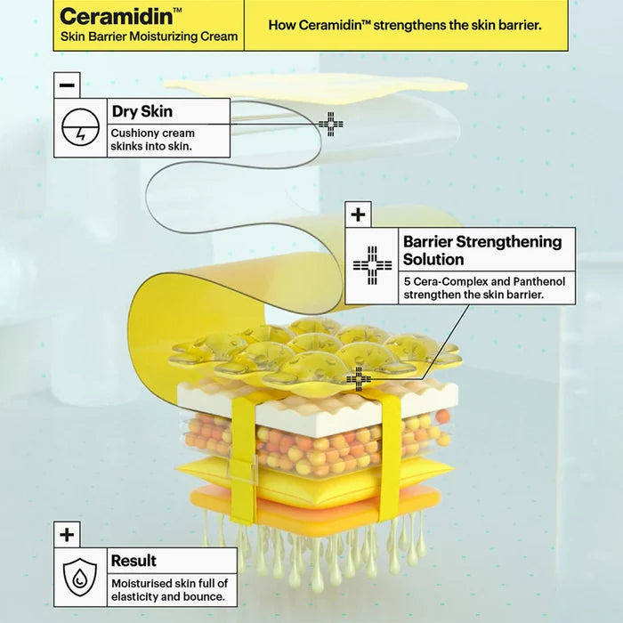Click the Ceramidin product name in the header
point(117,17)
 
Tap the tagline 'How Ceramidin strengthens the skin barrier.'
point(405,25)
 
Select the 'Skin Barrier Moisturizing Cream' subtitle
point(149,36)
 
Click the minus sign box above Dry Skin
point(67,85)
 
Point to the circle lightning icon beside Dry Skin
point(80,127)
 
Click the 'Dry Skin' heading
point(142,111)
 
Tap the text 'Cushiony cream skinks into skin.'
point(152,140)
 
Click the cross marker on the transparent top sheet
point(330,124)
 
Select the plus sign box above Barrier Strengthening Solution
point(358,214)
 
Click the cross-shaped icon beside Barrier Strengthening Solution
point(372,265)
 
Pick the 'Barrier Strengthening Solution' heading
point(482,250)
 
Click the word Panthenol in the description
point(538,281)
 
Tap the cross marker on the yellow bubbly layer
point(359,379)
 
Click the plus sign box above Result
point(67,535)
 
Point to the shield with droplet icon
point(80,578)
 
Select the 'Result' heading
point(133,561)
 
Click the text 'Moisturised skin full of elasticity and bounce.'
point(170,589)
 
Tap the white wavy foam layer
point(318,403)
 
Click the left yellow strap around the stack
point(242,457)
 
